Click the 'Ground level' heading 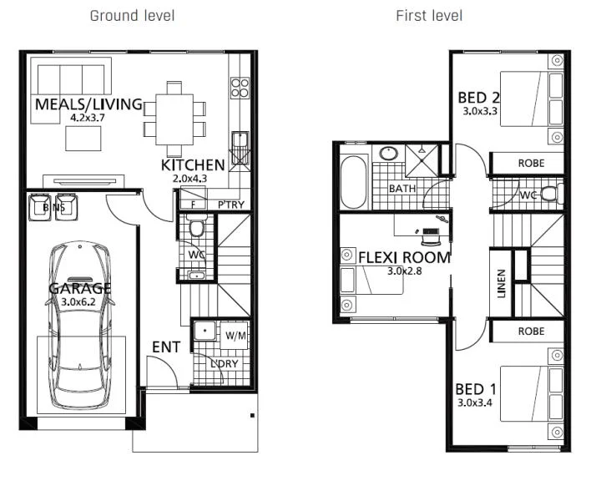[132, 16]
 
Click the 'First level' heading [428, 16]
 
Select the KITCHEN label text [193, 165]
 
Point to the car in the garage [81, 326]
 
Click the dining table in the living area [174, 118]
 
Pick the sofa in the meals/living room [71, 78]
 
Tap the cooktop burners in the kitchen [240, 87]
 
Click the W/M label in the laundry [236, 336]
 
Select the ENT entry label [165, 347]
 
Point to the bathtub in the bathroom [354, 183]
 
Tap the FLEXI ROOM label [404, 257]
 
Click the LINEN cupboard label [501, 282]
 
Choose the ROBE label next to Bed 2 [531, 164]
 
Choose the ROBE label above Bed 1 [531, 331]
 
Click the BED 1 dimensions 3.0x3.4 [475, 402]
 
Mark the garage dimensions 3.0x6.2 [81, 301]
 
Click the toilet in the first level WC [549, 195]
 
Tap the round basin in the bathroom [387, 154]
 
